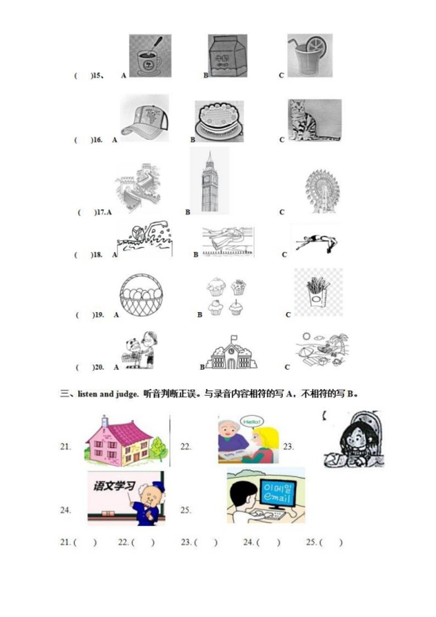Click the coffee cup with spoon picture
click(150, 56)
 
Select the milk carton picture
click(227, 56)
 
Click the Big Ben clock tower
click(209, 181)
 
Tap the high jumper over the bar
click(317, 240)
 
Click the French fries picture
click(318, 292)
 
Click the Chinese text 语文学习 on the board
click(113, 486)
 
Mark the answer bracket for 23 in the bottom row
click(206, 542)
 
